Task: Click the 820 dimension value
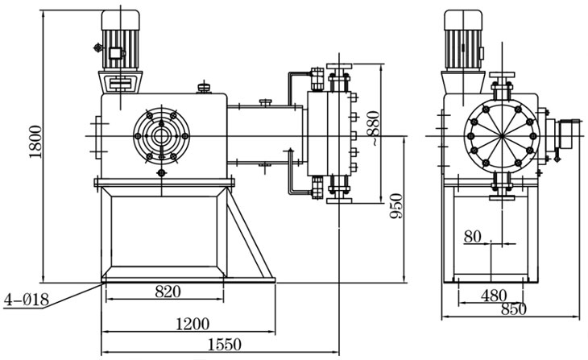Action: click(168, 291)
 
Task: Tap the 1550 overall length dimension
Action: click(226, 345)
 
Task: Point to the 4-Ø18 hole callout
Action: click(26, 300)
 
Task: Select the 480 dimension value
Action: click(493, 295)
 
